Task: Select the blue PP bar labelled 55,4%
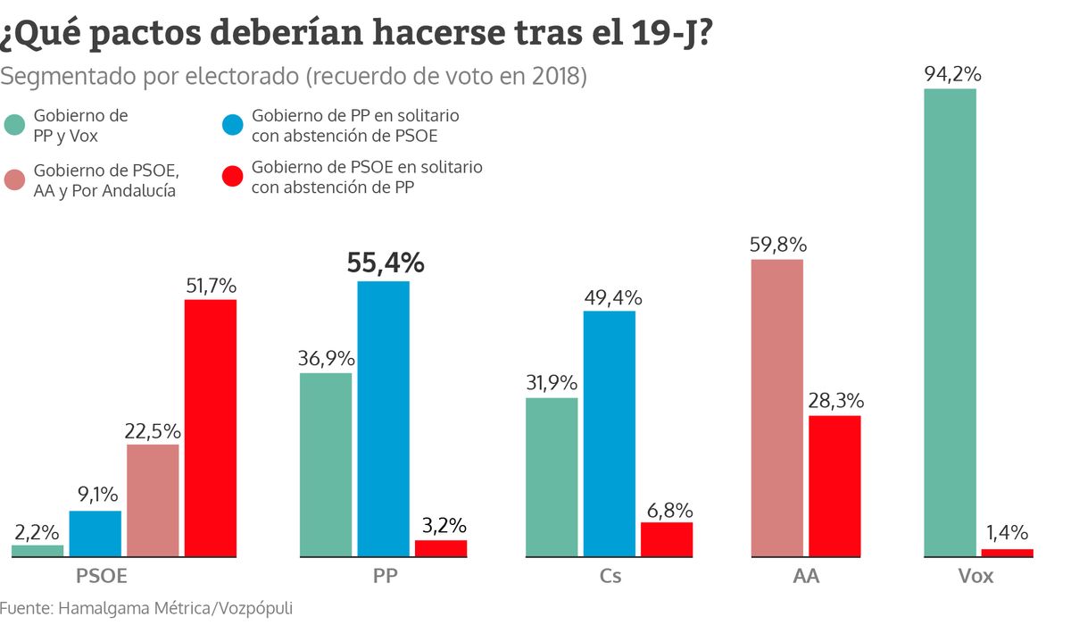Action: pyautogui.click(x=384, y=419)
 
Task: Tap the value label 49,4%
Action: pyautogui.click(x=613, y=298)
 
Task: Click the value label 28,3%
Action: pyautogui.click(x=836, y=401)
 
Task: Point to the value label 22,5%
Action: pyautogui.click(x=153, y=431)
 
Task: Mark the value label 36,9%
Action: pyautogui.click(x=327, y=358)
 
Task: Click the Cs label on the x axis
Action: pyautogui.click(x=610, y=576)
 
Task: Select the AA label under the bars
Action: pyautogui.click(x=806, y=576)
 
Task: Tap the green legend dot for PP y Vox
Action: pyautogui.click(x=14, y=125)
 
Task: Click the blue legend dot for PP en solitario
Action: pyautogui.click(x=233, y=125)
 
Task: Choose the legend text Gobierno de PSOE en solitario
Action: pyautogui.click(x=367, y=167)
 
